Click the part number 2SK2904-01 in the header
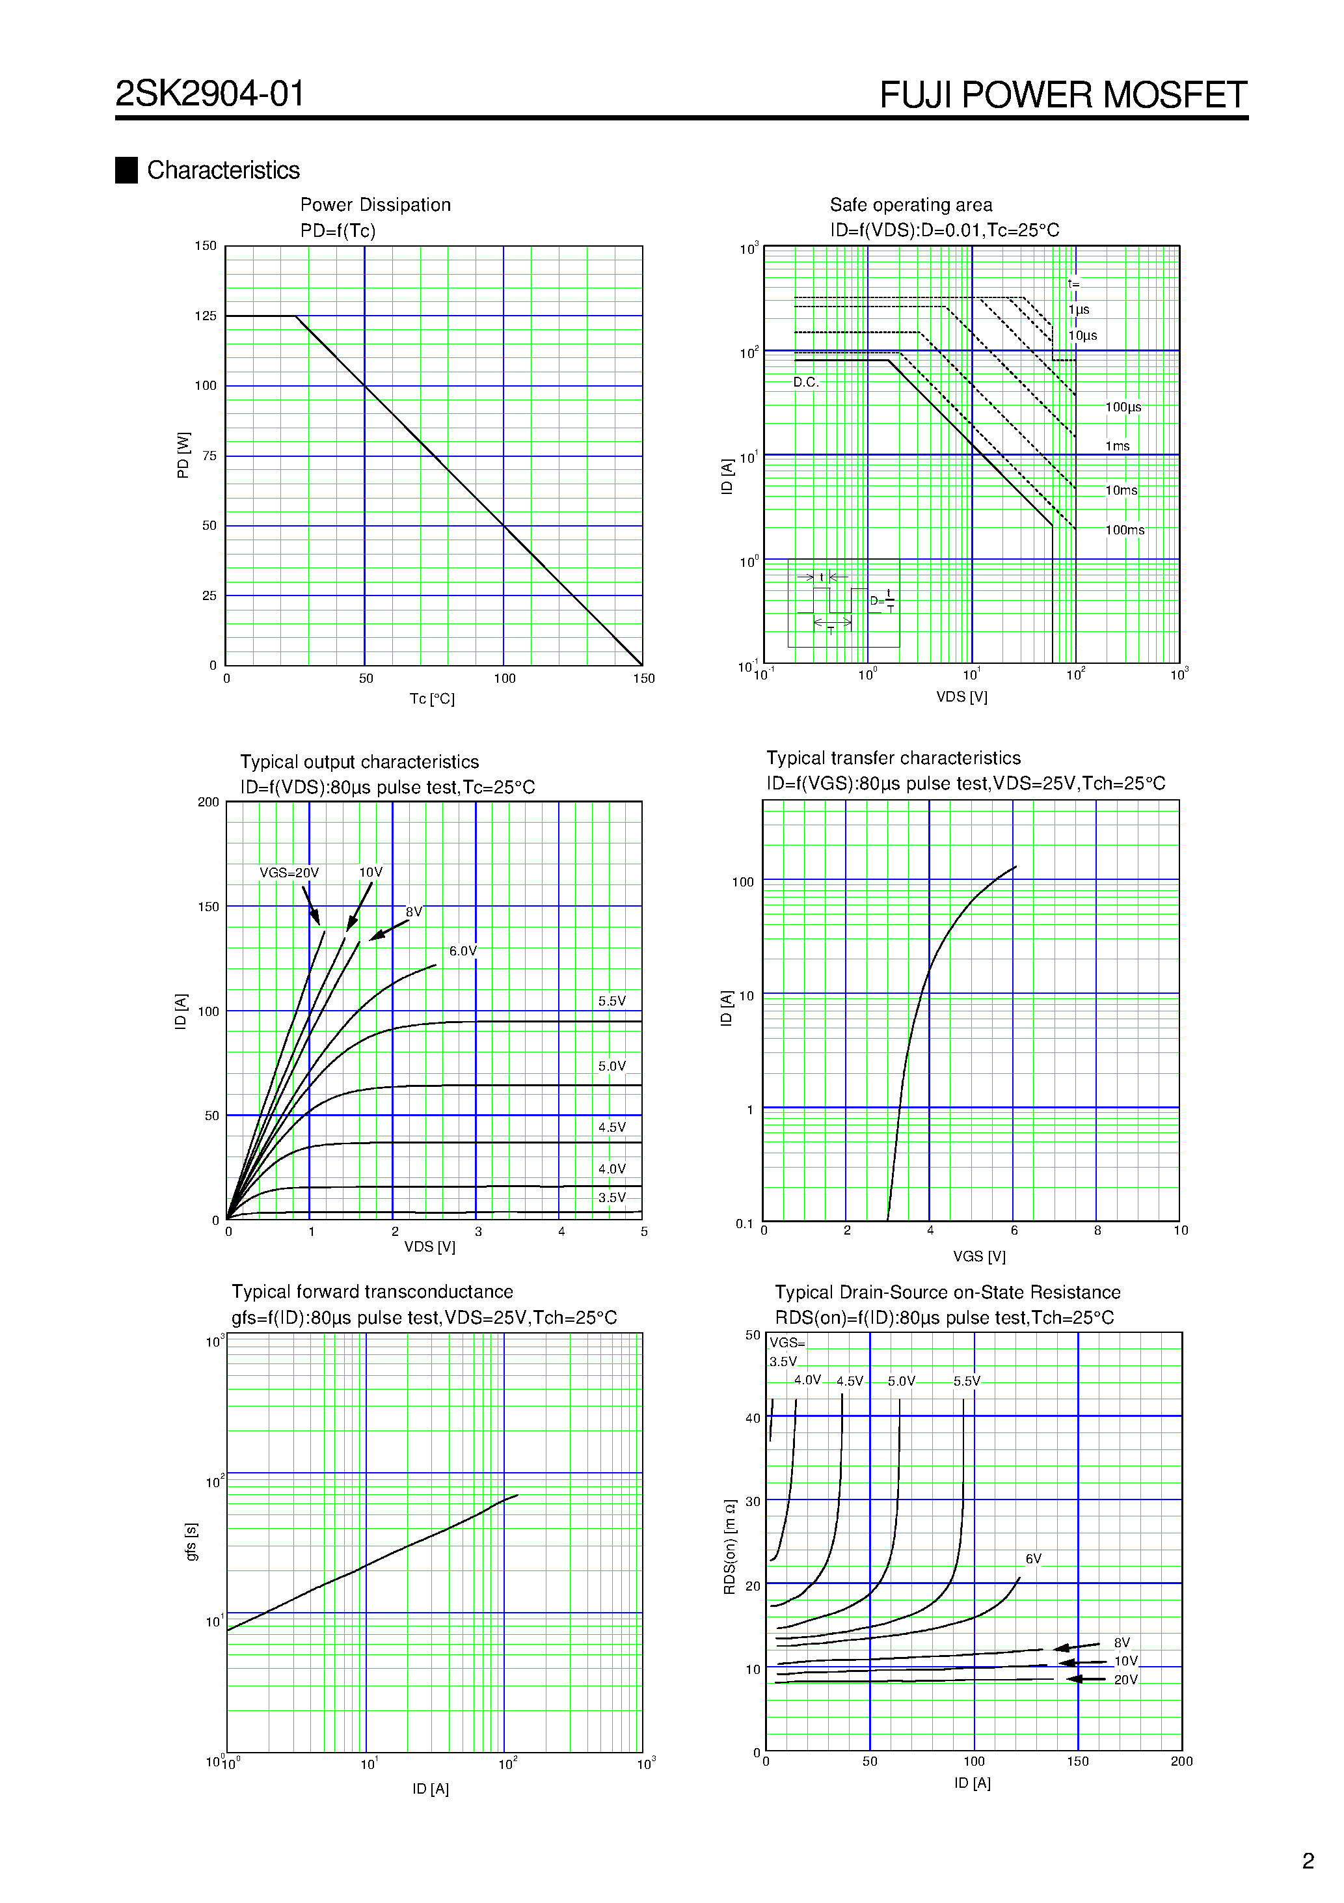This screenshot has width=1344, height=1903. point(209,94)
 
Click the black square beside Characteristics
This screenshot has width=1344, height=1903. point(126,170)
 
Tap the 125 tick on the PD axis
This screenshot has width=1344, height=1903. point(206,316)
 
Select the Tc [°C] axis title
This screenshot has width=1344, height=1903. point(432,699)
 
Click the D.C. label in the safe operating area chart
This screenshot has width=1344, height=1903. point(805,382)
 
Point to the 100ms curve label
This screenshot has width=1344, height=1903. point(1124,530)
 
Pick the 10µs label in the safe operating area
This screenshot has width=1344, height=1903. point(1082,336)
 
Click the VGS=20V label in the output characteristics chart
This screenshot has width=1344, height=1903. point(288,873)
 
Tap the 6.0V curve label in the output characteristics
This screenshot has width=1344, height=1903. point(463,951)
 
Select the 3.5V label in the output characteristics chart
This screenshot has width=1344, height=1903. point(612,1197)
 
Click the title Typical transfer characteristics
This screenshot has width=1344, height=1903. point(893,758)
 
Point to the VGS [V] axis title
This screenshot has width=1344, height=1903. point(978,1255)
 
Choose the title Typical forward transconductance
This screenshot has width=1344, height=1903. point(372,1291)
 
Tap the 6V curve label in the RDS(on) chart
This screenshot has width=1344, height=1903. point(1033,1558)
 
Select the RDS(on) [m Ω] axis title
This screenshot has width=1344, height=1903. point(729,1546)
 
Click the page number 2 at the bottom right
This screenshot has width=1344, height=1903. point(1308,1861)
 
